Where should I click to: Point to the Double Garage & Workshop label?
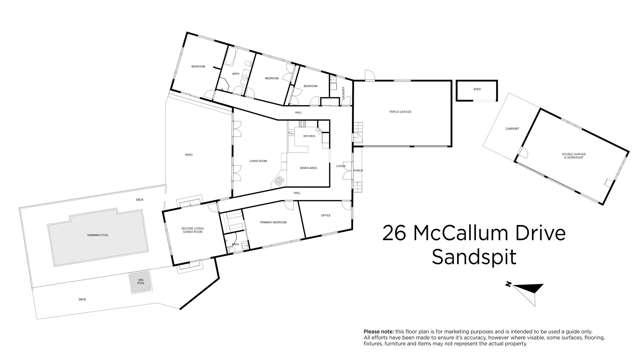pos(573,155)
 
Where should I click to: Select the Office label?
pos(325,215)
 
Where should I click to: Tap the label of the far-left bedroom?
pos(198,67)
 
